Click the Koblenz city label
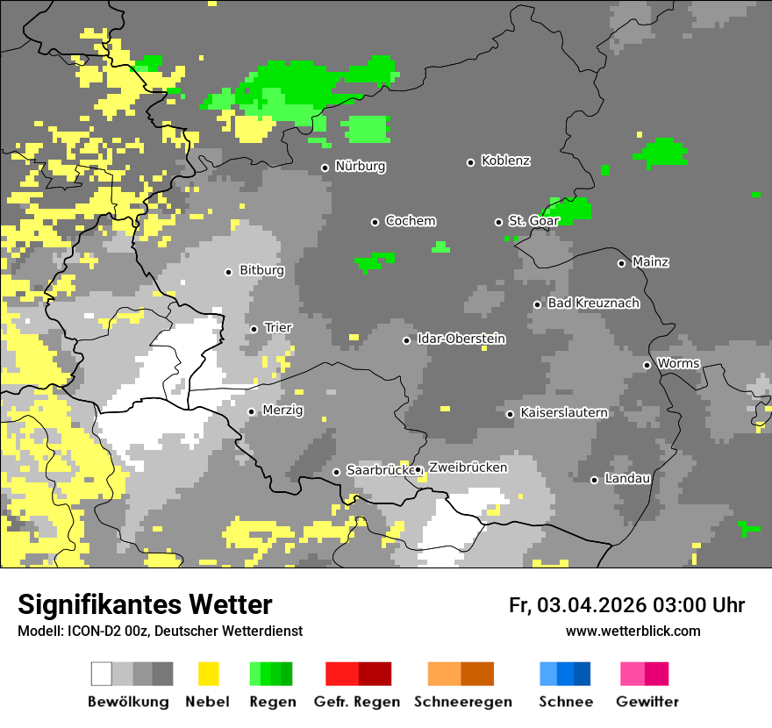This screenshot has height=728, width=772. tap(505, 161)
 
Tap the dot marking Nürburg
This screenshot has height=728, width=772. tap(325, 168)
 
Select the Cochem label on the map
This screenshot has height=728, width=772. tap(410, 221)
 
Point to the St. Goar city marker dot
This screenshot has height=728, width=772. tap(498, 222)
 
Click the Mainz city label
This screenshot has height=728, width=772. tap(650, 262)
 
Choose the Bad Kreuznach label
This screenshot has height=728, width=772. tap(593, 303)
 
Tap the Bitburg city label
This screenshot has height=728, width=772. tap(261, 271)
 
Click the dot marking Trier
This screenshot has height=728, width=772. tap(254, 329)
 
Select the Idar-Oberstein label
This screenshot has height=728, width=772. tap(461, 339)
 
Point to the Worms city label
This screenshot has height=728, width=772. tap(678, 364)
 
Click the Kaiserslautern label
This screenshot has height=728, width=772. tap(563, 412)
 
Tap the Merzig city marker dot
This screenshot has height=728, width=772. tap(251, 411)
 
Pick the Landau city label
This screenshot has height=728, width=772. tap(627, 479)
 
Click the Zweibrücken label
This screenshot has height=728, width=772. tap(468, 468)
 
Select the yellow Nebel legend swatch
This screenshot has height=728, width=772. tap(208, 674)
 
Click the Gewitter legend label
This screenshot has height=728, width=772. tap(647, 702)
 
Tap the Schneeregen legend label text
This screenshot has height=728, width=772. tap(462, 702)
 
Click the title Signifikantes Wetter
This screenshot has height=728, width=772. tap(145, 605)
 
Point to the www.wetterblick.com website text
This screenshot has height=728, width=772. tap(633, 631)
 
